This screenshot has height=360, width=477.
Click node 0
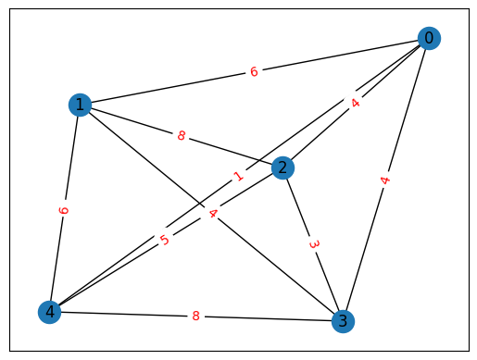[428, 38]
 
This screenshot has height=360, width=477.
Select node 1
[81, 105]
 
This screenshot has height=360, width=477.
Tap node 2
[283, 168]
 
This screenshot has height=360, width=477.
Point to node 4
[50, 312]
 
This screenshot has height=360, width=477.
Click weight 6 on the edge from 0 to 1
[254, 71]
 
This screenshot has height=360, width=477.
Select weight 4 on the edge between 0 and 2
[356, 103]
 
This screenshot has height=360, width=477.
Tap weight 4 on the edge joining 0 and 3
[385, 180]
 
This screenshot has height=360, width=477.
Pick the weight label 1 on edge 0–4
[239, 175]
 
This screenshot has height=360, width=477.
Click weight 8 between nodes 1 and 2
[182, 136]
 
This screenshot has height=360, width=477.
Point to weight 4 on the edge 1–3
[212, 213]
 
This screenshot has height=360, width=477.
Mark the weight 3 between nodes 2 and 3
[314, 244]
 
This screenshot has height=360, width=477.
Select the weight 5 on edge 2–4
[165, 241]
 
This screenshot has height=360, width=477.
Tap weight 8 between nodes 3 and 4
[195, 317]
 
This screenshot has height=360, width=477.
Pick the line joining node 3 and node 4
[120, 314]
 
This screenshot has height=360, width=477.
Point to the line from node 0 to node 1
[167, 88]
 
